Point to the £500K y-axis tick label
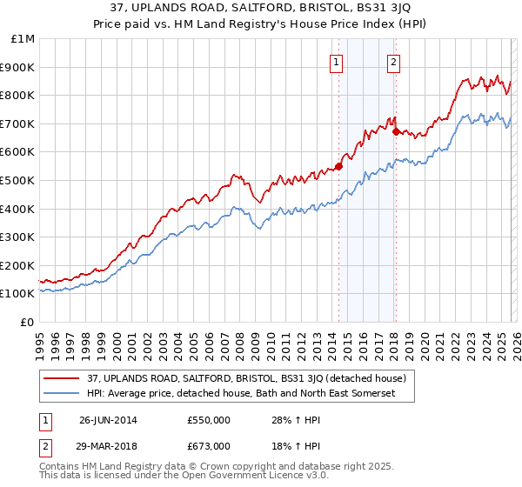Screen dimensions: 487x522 tap(18, 181)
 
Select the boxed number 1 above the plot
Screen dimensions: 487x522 tap(337, 62)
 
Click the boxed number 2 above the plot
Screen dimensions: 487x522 tap(394, 62)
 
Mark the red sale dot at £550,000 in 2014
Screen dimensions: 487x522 tap(338, 166)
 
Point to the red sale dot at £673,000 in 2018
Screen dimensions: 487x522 tap(396, 131)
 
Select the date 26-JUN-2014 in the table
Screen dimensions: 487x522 tap(110, 420)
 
